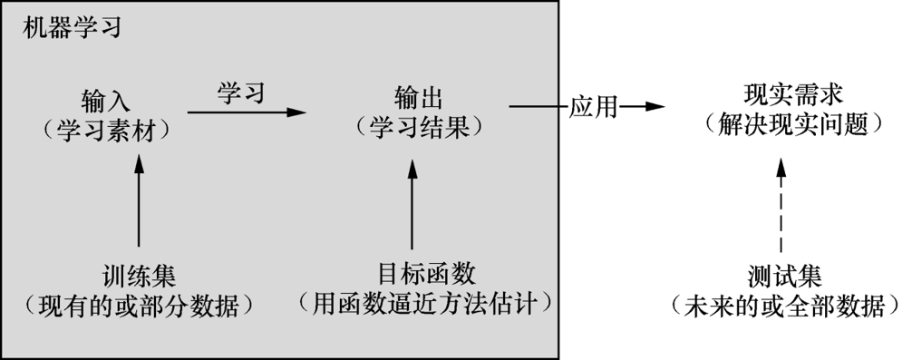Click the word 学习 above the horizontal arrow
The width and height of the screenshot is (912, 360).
(240, 92)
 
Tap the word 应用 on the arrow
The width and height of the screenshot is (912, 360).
(593, 107)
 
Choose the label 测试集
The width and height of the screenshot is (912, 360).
(785, 275)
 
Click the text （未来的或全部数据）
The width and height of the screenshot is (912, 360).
(785, 305)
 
